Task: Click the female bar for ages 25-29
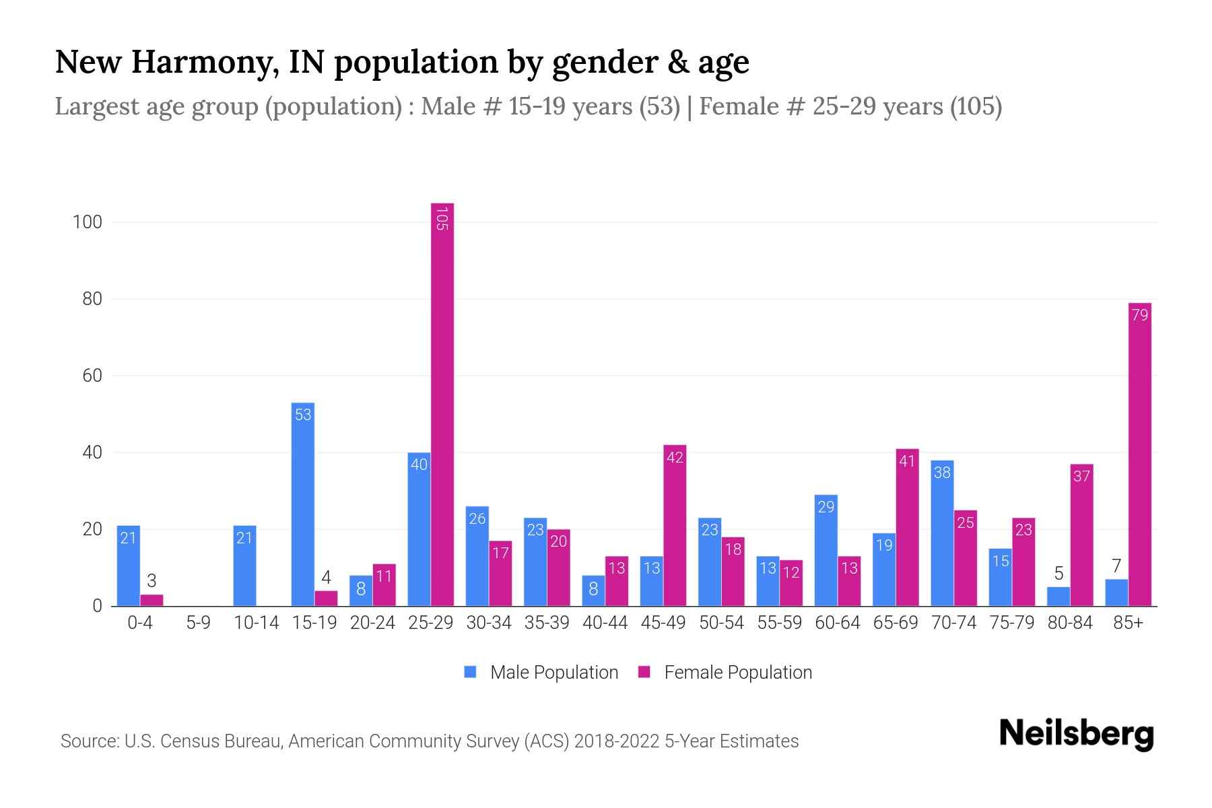[x=442, y=404]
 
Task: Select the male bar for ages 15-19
[x=303, y=505]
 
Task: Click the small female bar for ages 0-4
[x=151, y=600]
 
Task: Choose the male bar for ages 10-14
[x=244, y=566]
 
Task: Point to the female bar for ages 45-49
[x=675, y=525]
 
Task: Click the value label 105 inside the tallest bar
[x=442, y=219]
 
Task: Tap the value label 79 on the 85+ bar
[x=1139, y=315]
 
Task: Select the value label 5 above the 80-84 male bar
[x=1058, y=574]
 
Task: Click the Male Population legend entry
[x=541, y=673]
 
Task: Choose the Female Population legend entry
[x=725, y=673]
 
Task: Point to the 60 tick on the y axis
[x=92, y=376]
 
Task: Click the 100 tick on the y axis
[x=88, y=222]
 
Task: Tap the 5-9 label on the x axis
[x=198, y=623]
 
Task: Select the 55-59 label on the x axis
[x=779, y=623]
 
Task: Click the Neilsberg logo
[x=1076, y=734]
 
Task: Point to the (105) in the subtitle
[x=976, y=106]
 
